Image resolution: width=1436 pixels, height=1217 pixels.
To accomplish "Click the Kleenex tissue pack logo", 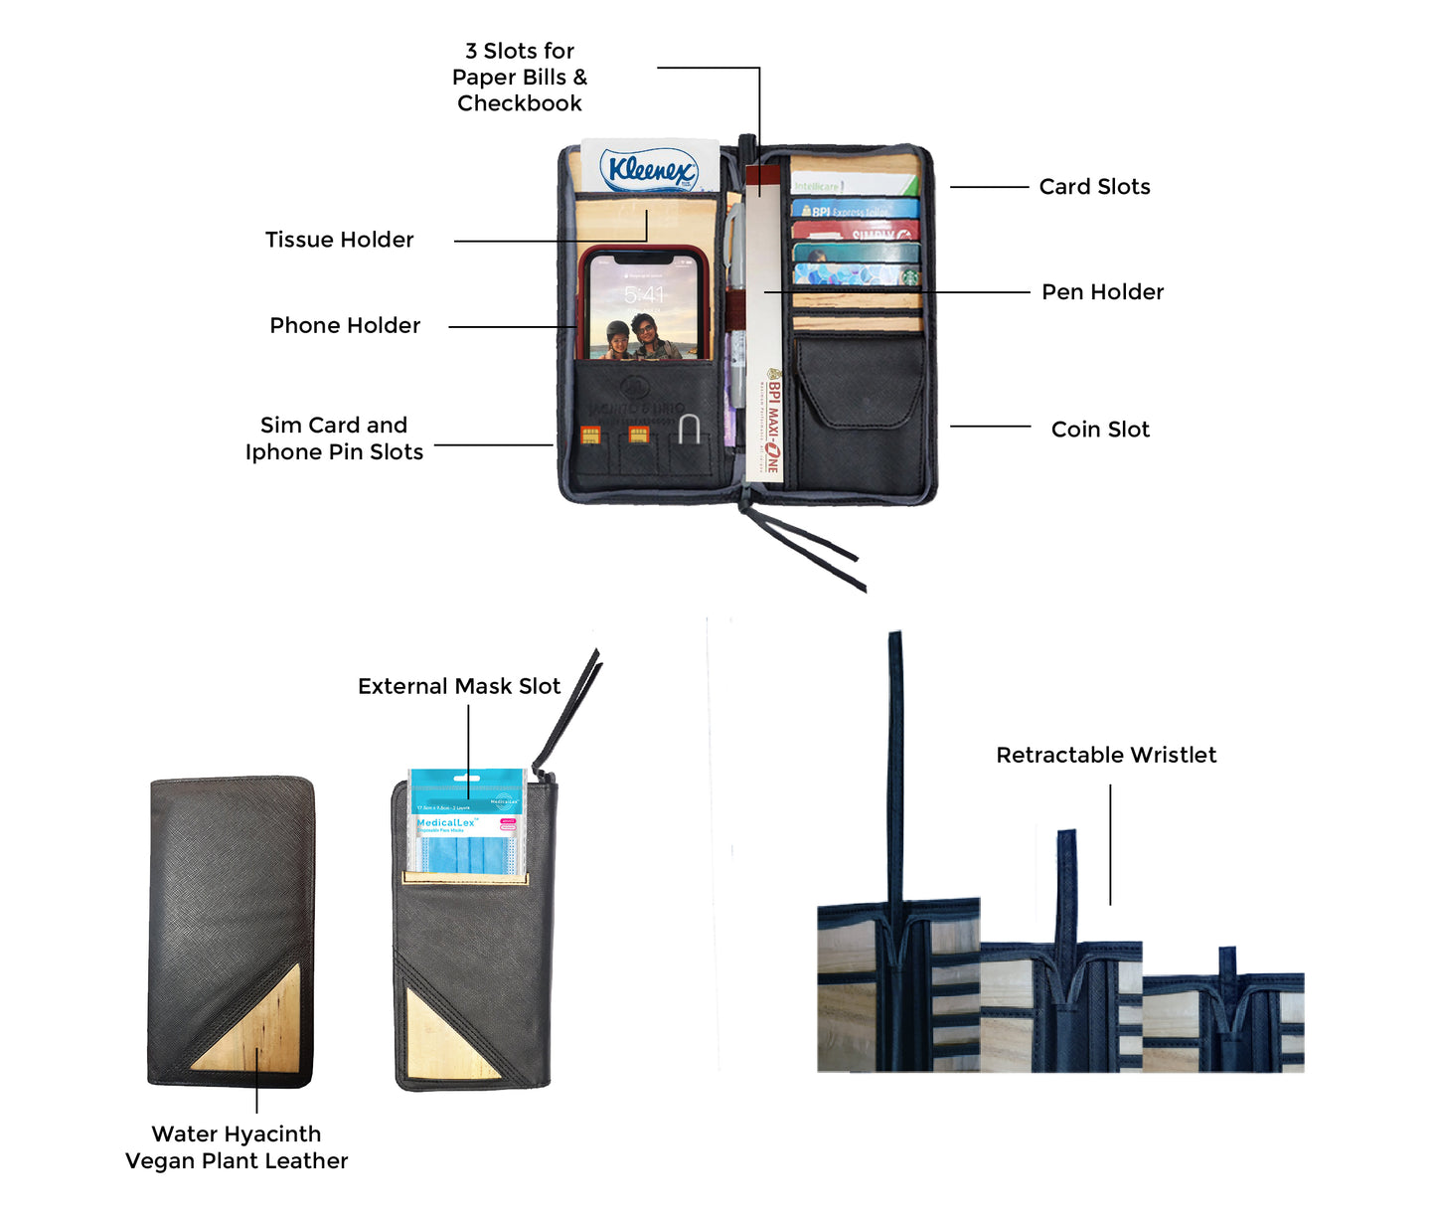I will coord(651,170).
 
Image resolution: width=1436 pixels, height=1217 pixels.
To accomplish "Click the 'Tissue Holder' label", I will coord(339,240).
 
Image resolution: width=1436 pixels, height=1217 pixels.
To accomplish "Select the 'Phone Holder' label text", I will coord(345,325).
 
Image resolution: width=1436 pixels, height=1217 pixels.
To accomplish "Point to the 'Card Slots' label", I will coord(1094,187).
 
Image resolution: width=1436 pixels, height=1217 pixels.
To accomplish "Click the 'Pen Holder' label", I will coord(1102,292).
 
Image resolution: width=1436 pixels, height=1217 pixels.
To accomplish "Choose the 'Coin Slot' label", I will coord(1100,430).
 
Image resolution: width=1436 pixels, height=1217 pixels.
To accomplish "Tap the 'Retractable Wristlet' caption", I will coord(1106,755).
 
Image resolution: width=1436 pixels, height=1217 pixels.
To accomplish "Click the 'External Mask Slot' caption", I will coord(459,686).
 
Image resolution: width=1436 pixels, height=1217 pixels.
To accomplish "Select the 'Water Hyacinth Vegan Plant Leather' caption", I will coord(237,1147).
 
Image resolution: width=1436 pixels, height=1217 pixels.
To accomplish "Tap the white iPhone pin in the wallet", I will coord(689,429).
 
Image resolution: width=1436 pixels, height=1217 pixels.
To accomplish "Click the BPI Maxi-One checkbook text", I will coord(773,423).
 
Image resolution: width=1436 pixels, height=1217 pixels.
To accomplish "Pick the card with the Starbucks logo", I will coord(857,273).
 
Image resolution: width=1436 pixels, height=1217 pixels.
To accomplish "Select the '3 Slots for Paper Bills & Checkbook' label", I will coord(520,78).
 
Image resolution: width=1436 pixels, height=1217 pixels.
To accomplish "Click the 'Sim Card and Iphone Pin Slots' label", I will coord(334,438).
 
